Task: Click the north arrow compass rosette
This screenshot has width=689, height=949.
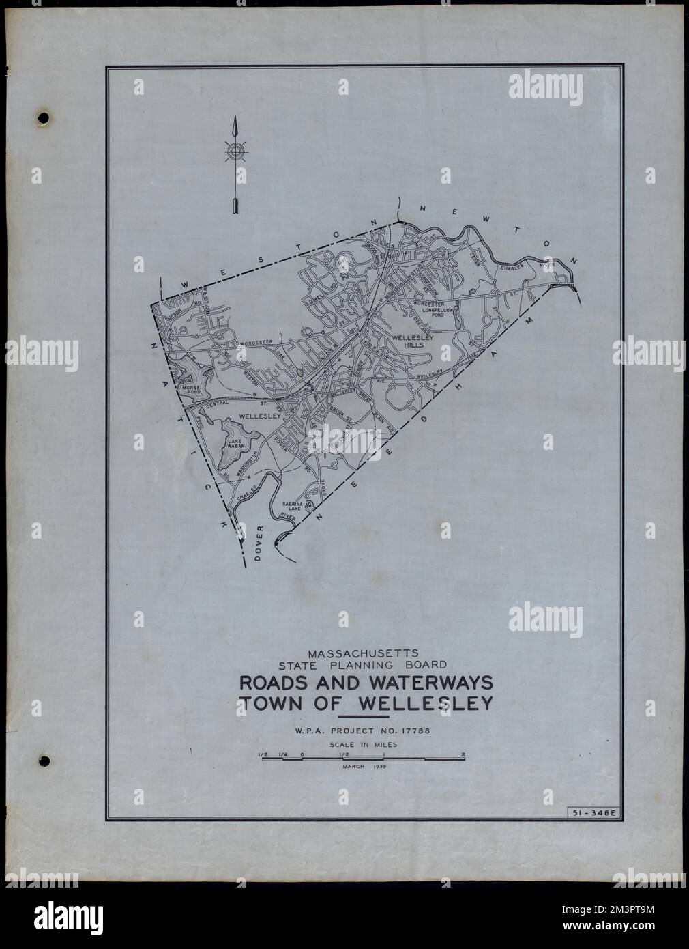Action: point(235,152)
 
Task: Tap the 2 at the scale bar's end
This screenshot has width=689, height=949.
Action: point(463,754)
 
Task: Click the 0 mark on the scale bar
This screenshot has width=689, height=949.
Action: point(302,754)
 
